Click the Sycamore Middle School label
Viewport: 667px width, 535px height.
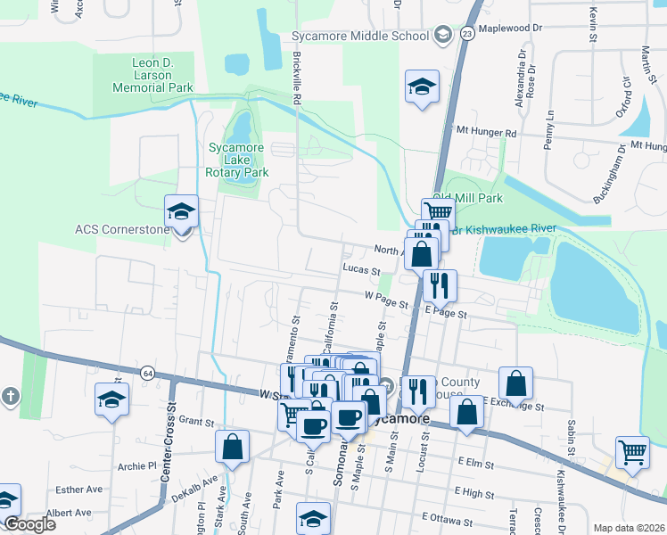(361, 37)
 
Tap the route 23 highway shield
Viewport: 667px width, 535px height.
(467, 33)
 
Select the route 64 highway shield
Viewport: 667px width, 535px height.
(147, 372)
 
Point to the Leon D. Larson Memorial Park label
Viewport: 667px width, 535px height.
(151, 75)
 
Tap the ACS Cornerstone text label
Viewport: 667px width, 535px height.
(121, 229)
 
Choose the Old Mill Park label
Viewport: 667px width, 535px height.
(467, 198)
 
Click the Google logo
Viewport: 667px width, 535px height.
(29, 524)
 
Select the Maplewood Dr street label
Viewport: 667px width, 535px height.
(510, 29)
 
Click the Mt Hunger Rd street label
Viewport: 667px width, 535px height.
(486, 133)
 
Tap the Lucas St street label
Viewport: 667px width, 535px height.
(361, 270)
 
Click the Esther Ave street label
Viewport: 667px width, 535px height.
(78, 490)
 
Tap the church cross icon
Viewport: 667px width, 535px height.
(10, 396)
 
